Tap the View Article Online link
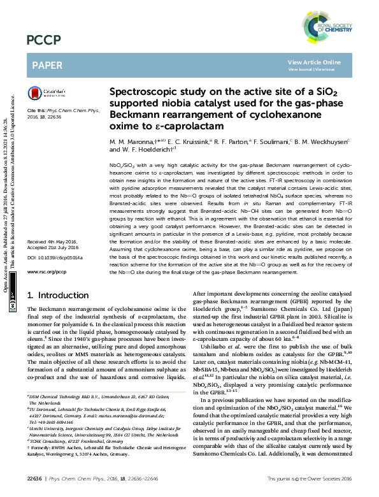point(314,62)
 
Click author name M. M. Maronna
point(129,141)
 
